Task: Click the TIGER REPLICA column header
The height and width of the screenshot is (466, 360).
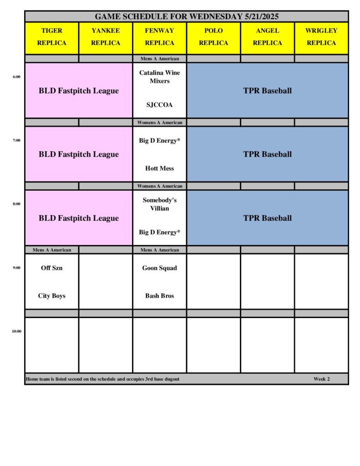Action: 52,37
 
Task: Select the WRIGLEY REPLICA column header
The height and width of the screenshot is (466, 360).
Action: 321,37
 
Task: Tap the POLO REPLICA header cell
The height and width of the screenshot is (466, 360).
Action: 213,37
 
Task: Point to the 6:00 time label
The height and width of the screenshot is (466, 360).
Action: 16,77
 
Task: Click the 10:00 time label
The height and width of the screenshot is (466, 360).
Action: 16,331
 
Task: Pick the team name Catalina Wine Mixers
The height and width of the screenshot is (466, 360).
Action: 159,77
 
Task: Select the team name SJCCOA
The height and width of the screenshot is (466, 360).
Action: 159,105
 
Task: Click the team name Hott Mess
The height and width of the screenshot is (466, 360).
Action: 159,168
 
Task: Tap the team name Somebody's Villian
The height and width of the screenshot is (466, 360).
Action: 159,204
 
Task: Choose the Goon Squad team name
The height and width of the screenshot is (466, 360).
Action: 159,268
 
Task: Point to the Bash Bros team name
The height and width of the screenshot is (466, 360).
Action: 159,296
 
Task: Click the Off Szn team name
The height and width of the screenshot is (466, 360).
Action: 52,268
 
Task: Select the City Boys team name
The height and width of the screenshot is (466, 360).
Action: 52,296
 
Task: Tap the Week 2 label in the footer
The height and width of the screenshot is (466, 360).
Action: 321,379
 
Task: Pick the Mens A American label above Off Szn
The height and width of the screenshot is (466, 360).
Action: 52,250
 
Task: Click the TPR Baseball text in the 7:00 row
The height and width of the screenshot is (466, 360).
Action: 267,154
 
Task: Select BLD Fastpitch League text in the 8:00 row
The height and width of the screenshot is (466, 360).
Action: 79,218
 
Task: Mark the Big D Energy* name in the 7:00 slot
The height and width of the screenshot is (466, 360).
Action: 159,141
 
